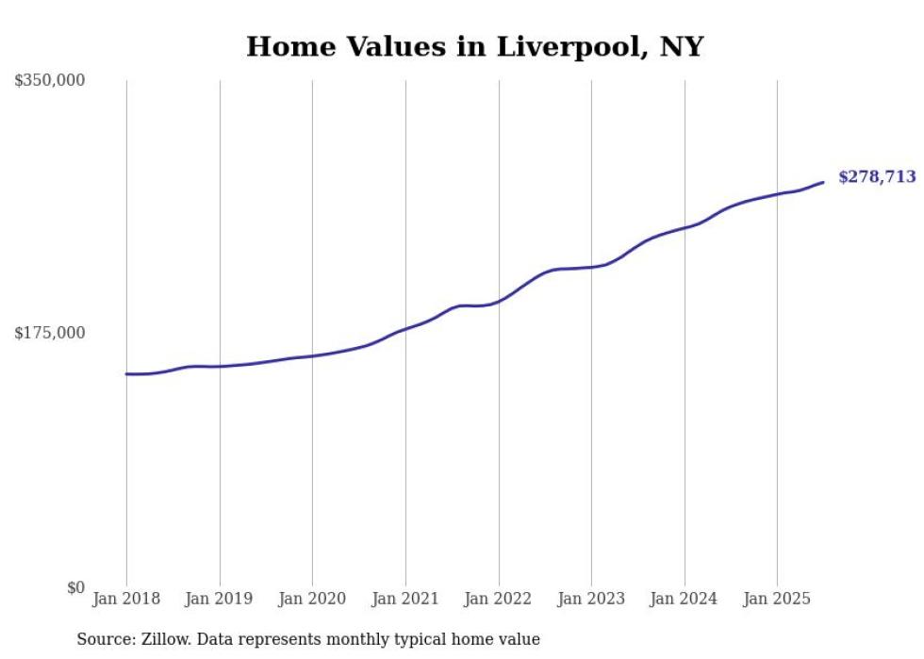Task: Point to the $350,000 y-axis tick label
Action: [49, 81]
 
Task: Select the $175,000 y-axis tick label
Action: [49, 333]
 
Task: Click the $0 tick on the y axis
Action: [75, 587]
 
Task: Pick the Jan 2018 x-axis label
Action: [126, 599]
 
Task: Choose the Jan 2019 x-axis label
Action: [219, 599]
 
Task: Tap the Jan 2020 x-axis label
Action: [312, 599]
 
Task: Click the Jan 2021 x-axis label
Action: [405, 599]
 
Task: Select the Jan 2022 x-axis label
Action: [498, 599]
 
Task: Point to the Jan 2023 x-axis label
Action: [591, 599]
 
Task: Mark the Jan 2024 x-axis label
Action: [684, 599]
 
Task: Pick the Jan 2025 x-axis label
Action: [777, 599]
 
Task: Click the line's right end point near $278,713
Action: [823, 182]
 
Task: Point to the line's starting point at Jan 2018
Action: [126, 374]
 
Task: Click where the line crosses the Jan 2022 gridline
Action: [499, 301]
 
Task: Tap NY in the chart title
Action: [684, 47]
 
